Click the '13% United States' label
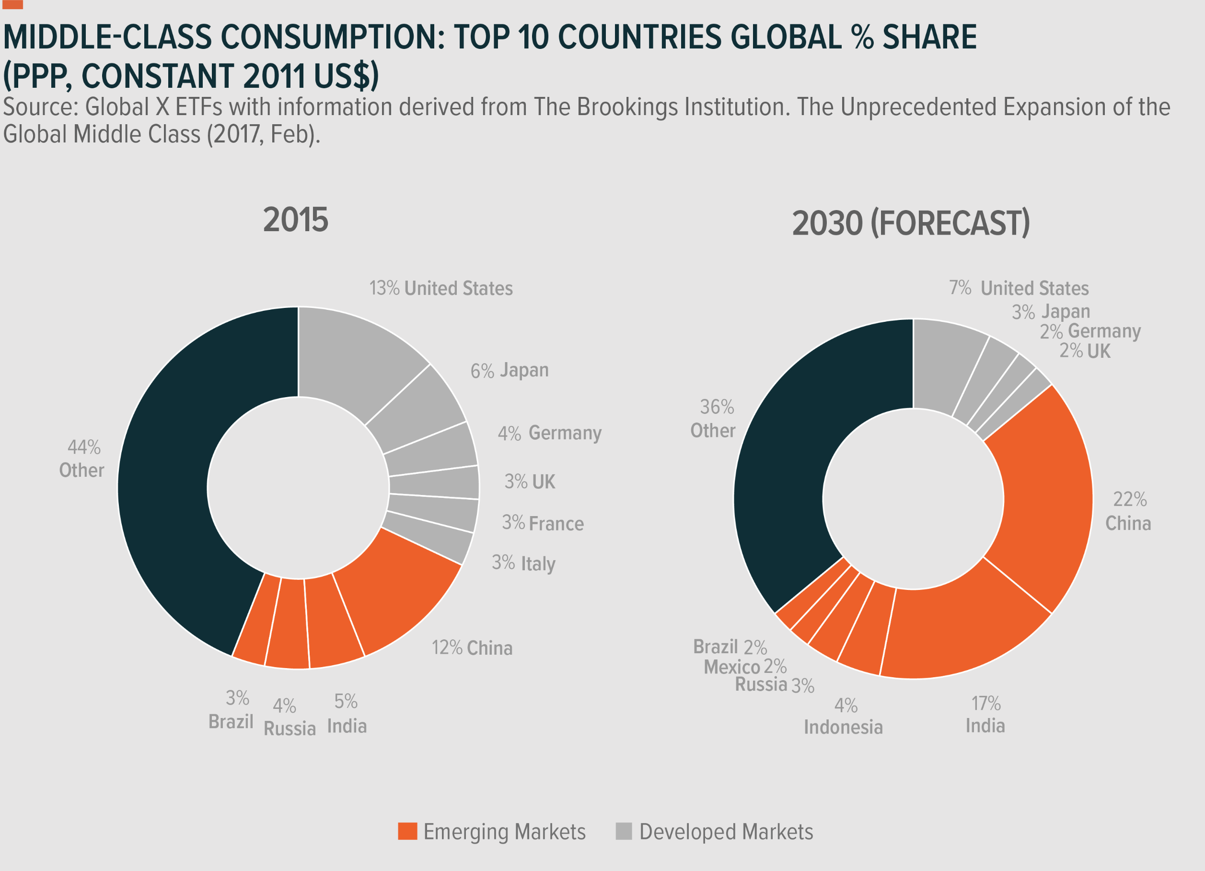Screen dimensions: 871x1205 tap(441, 288)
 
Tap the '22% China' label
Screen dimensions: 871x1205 tap(1128, 511)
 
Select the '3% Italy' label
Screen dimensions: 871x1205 tap(523, 563)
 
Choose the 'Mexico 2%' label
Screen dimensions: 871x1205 tap(745, 666)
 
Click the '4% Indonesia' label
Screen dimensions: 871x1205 tap(843, 716)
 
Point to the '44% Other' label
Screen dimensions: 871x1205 tap(82, 459)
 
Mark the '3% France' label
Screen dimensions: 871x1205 tap(543, 523)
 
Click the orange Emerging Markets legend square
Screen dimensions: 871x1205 tap(407, 831)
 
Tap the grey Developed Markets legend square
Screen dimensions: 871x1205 tap(624, 831)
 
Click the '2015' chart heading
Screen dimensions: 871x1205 tap(295, 220)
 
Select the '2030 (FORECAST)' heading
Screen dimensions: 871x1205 tap(911, 223)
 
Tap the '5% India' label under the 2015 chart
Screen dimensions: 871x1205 tap(347, 714)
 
